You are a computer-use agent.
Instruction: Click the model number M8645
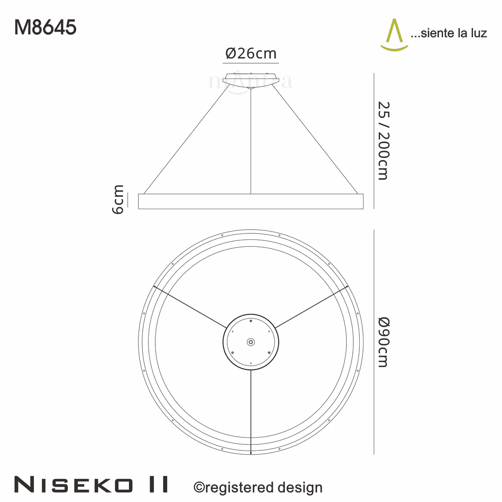pos(45,27)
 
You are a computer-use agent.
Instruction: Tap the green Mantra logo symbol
pos(394,34)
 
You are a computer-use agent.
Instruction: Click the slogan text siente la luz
pos(449,33)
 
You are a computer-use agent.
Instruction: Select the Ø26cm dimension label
pos(251,54)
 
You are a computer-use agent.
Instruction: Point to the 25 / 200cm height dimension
pos(382,140)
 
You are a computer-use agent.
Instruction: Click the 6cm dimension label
pos(119,199)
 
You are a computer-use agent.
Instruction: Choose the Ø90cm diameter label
pos(382,342)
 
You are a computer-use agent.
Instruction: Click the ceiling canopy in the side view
pos(251,79)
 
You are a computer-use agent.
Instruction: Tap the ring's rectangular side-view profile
pos(251,201)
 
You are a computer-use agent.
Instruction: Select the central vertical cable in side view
pos(251,139)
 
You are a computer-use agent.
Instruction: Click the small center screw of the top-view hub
pos(251,342)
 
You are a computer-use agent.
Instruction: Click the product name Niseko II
pos(91,484)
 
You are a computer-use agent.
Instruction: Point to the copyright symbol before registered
pos(198,488)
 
